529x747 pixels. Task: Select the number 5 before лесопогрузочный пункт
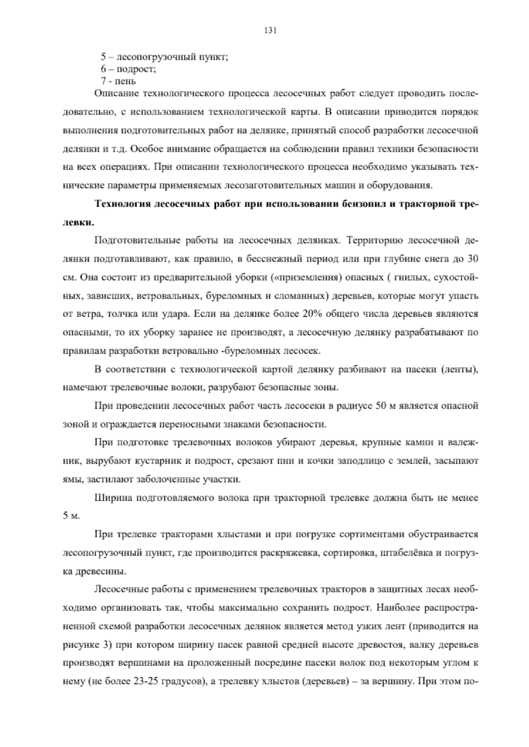103,57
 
